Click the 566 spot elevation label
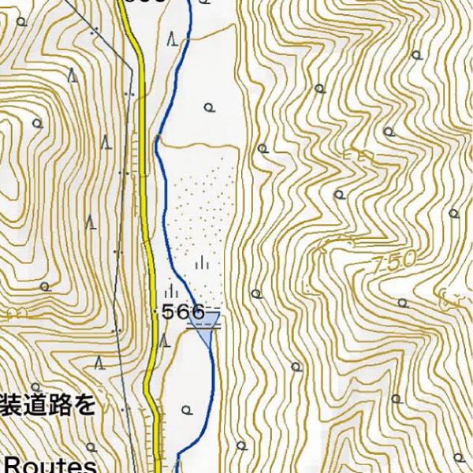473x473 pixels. pyautogui.click(x=184, y=312)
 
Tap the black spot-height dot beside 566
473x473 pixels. pyautogui.click(x=155, y=312)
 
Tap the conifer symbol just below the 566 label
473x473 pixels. pyautogui.click(x=165, y=341)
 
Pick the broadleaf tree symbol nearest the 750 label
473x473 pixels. pyautogui.click(x=340, y=194)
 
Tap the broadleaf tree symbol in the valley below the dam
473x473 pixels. pyautogui.click(x=186, y=409)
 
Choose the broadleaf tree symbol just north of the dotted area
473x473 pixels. pyautogui.click(x=208, y=107)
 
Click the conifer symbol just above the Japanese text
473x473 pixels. pyautogui.click(x=100, y=363)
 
